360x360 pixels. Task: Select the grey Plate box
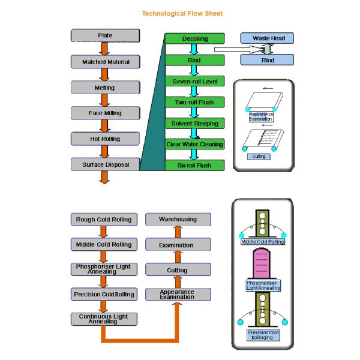105,35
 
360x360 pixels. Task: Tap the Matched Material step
105,62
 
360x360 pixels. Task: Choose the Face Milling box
105,113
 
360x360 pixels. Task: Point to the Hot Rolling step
105,139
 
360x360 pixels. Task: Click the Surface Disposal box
105,164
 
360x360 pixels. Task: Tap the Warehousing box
178,219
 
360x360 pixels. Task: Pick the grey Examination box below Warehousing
178,245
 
